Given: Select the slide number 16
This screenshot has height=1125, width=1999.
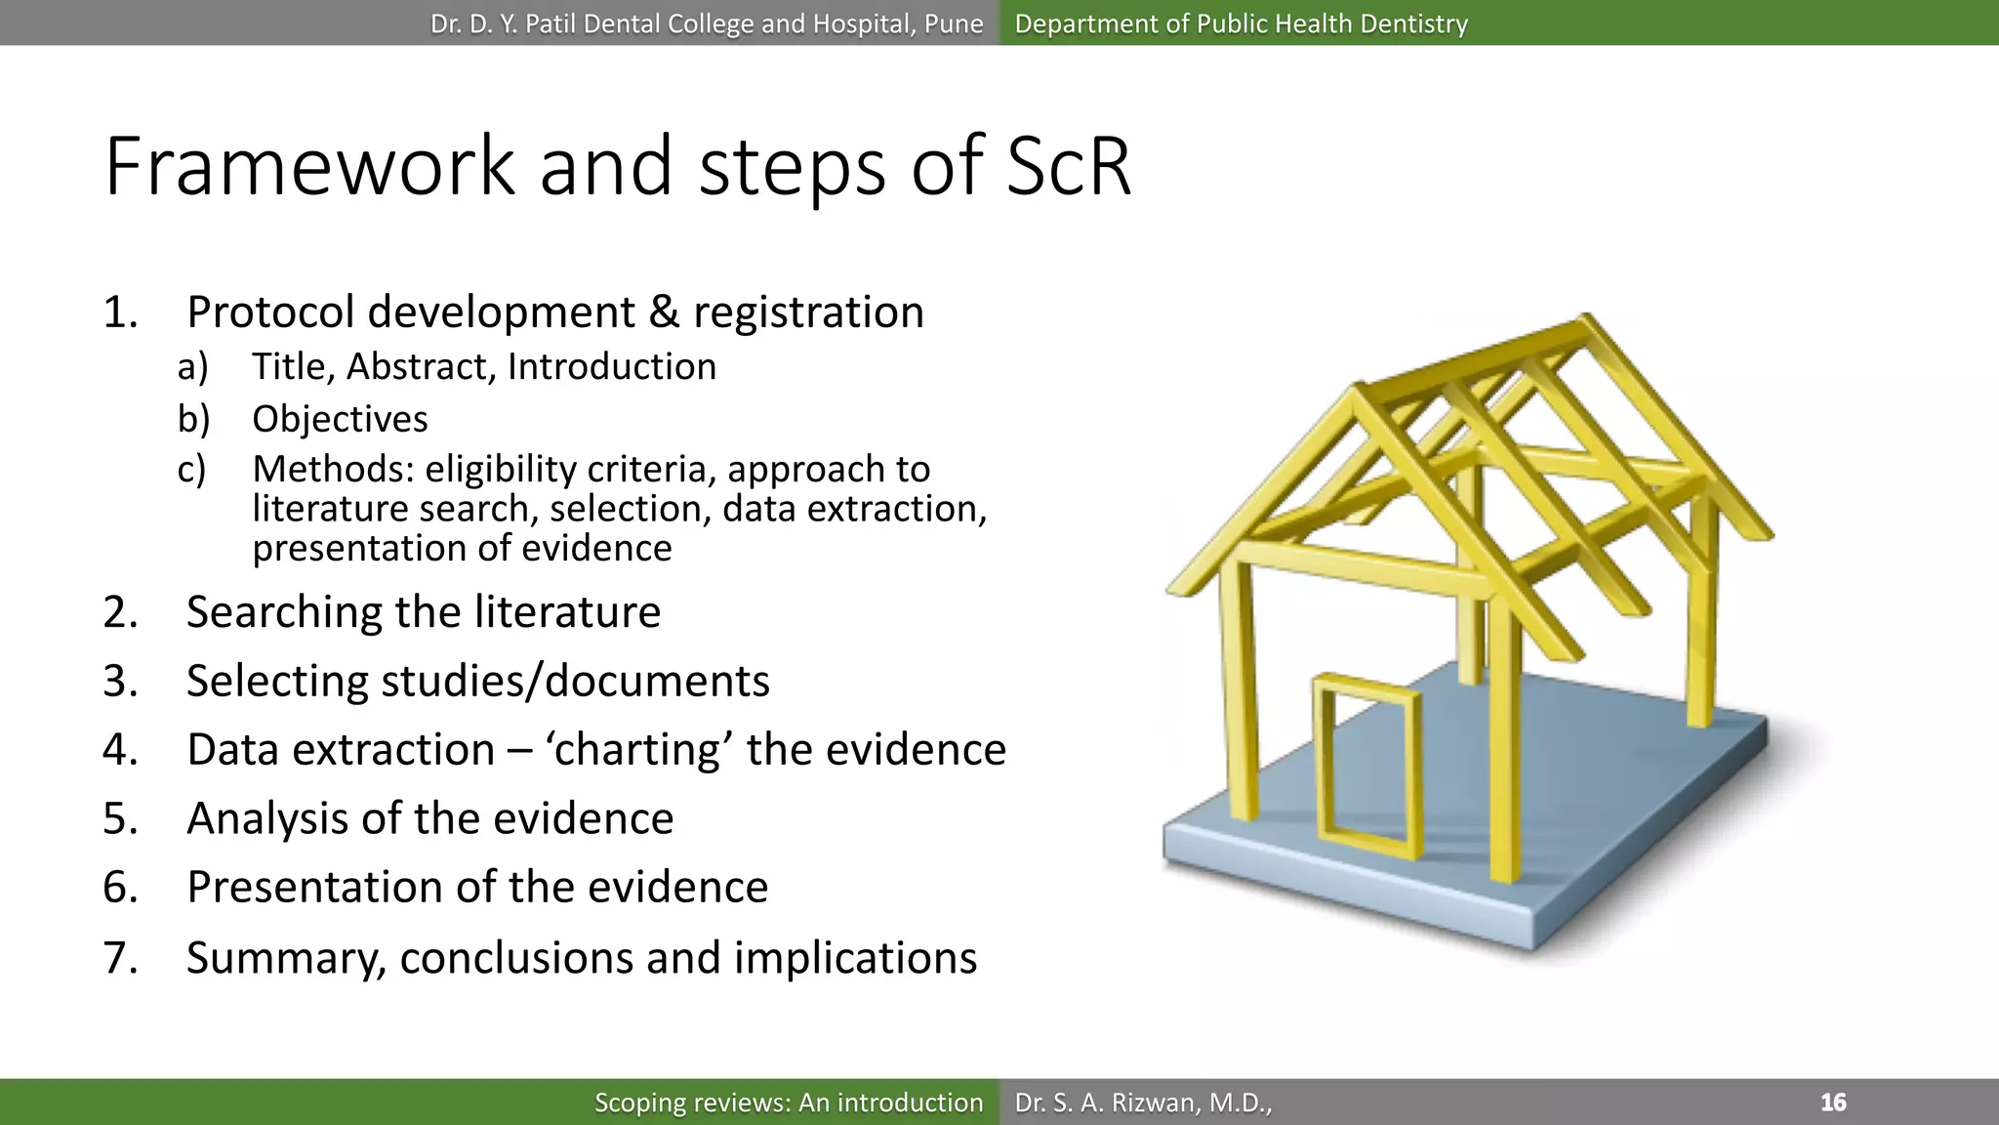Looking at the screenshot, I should [1833, 1103].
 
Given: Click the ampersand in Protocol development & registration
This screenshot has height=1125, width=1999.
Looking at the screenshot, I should [664, 312].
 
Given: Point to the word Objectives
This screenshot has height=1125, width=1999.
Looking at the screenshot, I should [340, 419].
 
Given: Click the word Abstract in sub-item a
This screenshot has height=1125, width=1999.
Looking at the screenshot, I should [421, 367].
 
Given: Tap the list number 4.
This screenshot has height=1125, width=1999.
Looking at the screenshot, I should [120, 750].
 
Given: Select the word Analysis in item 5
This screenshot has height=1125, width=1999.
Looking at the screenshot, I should [266, 818].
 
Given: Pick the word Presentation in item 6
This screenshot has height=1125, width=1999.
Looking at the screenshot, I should [314, 888].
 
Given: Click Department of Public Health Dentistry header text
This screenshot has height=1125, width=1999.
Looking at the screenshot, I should [1241, 23].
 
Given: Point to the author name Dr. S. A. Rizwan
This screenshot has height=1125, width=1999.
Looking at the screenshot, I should [1142, 1103].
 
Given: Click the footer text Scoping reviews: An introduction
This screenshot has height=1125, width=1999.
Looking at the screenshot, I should [789, 1103].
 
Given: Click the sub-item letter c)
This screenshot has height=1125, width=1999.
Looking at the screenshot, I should [191, 470].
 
